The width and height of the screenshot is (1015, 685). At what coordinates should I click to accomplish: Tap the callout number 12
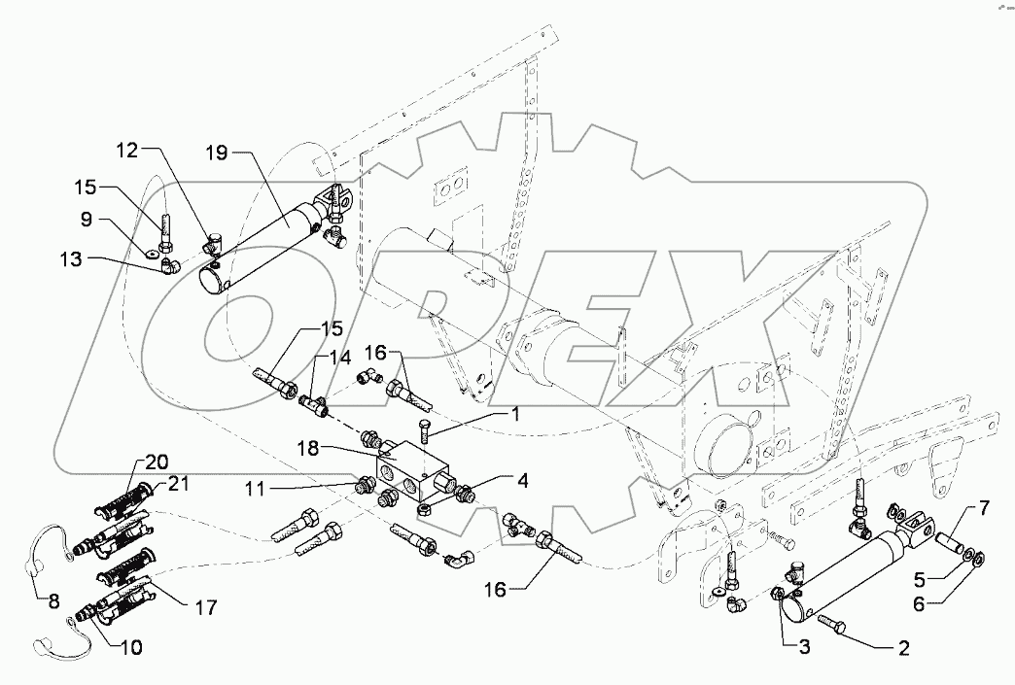128,150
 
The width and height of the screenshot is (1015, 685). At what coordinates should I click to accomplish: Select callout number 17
205,607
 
